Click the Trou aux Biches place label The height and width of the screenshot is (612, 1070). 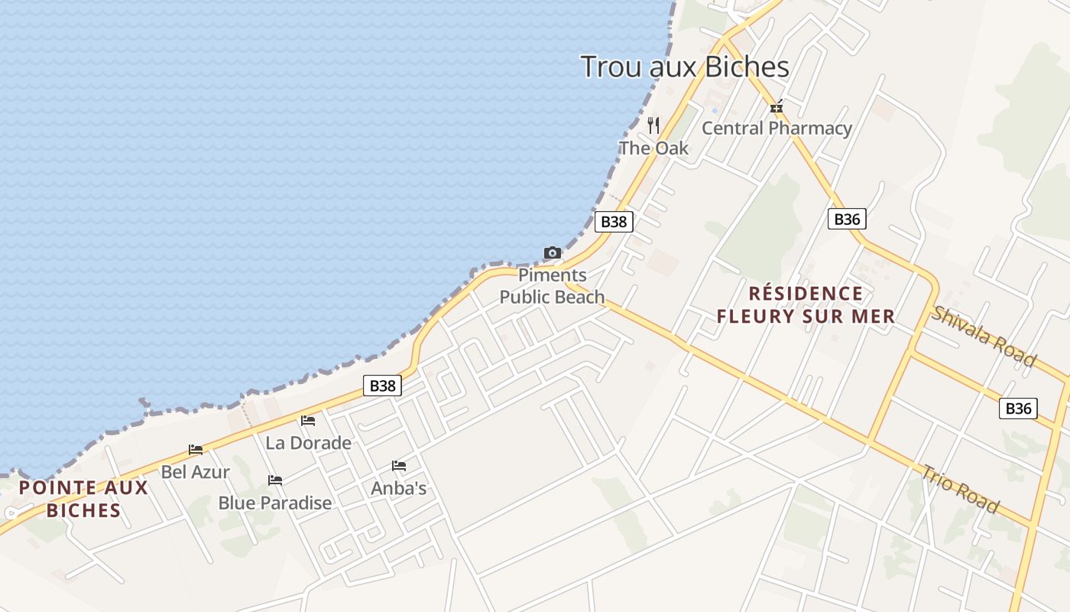685,67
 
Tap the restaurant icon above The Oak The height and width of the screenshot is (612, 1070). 653,125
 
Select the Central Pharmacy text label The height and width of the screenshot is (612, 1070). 777,128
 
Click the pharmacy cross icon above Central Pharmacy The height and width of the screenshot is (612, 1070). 777,108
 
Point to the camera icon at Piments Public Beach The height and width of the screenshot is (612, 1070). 552,252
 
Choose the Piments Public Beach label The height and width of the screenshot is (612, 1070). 552,286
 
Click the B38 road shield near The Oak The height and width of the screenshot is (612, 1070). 614,222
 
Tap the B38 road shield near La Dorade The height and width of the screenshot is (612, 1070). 382,386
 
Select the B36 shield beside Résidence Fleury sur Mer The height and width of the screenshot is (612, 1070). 847,220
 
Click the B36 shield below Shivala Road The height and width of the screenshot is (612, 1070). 1018,409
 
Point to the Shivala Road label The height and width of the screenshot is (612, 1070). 984,337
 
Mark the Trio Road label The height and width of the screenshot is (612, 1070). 960,488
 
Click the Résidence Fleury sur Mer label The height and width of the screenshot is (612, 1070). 806,304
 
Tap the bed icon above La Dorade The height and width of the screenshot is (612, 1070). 308,421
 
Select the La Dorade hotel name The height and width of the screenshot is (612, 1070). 308,442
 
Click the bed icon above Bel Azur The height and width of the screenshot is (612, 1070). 196,450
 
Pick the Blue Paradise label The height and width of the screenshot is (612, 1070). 275,503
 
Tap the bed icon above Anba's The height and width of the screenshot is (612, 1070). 399,466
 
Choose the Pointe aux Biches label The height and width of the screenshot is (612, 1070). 83,499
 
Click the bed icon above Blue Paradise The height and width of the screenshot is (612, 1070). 275,480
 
